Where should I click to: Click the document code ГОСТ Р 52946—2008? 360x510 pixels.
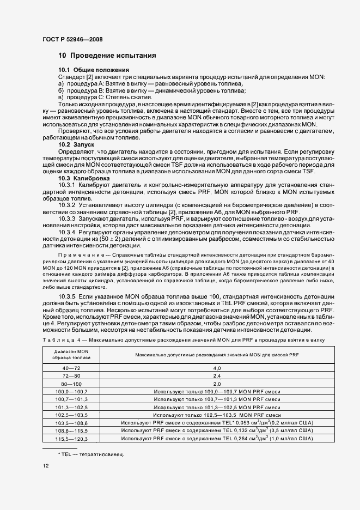[72, 39]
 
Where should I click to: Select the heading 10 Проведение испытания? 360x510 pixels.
[107, 56]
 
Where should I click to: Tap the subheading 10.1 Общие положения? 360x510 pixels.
[94, 70]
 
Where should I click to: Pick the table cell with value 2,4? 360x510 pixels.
[216, 376]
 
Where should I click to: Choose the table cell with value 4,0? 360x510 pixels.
[216, 368]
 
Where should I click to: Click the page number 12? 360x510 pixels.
[46, 466]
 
